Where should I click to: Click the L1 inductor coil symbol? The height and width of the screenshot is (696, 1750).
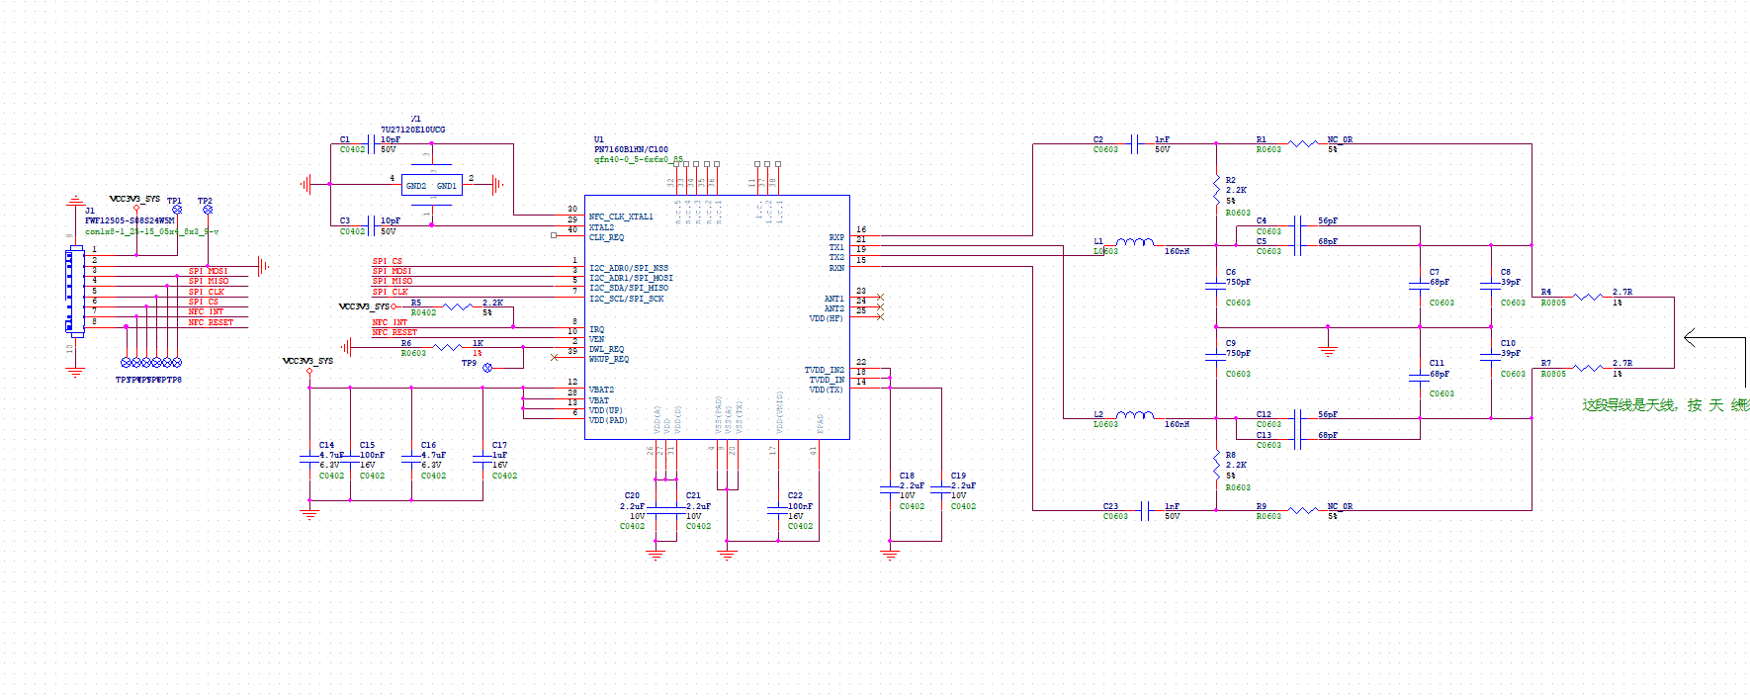[1134, 241]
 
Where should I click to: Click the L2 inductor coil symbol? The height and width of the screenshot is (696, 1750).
[1134, 415]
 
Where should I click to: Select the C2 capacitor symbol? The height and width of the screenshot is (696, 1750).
[1135, 144]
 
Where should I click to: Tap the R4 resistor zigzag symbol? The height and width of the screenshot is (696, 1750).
[1587, 297]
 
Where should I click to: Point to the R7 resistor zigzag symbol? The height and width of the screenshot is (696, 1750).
[1587, 368]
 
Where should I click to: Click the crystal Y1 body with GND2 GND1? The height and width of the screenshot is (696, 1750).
[431, 185]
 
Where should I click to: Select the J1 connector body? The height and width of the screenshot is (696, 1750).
[74, 292]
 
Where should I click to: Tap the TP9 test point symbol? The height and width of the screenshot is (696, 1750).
[487, 367]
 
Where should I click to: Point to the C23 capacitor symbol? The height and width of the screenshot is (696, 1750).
[1145, 510]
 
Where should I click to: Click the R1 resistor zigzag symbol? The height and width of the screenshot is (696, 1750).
[1302, 144]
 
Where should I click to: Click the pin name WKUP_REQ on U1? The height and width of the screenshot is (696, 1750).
[609, 359]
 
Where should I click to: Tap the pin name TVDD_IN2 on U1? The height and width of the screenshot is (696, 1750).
[824, 370]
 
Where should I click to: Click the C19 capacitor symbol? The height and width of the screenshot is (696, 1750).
[941, 489]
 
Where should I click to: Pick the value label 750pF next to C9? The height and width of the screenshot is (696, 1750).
[1238, 353]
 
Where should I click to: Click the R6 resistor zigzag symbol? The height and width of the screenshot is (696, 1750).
[448, 347]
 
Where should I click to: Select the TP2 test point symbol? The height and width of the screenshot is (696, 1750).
[208, 210]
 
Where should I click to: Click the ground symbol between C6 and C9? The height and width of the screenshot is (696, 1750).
[1328, 348]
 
